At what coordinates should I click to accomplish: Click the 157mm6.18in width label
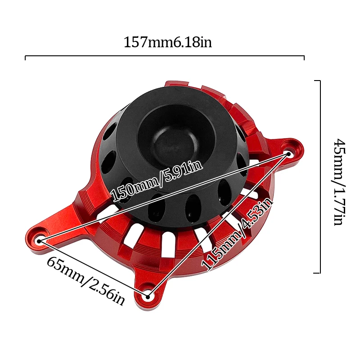[x=167, y=43]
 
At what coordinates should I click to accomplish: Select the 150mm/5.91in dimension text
[x=156, y=181]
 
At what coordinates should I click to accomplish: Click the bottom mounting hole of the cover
[x=148, y=296]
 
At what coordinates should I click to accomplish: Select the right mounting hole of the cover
[x=288, y=154]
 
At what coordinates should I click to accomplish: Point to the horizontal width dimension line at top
[x=165, y=56]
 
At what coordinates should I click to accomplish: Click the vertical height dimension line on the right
[x=320, y=177]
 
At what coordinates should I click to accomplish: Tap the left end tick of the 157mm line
[x=26, y=58]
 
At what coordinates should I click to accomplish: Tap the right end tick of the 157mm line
[x=304, y=58]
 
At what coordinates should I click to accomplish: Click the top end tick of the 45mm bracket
[x=317, y=81]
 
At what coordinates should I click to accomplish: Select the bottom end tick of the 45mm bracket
[x=317, y=273]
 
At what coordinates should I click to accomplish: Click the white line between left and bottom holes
[x=94, y=268]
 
